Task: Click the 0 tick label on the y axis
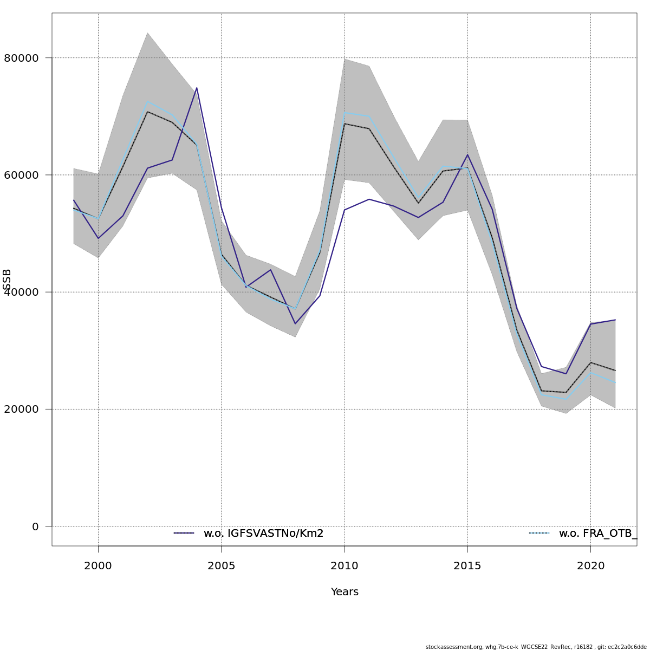pyautogui.click(x=35, y=526)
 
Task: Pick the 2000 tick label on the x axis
pyautogui.click(x=98, y=566)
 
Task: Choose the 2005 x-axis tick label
pyautogui.click(x=221, y=566)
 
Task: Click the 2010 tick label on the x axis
pyautogui.click(x=344, y=566)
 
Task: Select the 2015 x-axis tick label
pyautogui.click(x=467, y=566)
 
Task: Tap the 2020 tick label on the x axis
pyautogui.click(x=590, y=566)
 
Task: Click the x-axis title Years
pyautogui.click(x=344, y=592)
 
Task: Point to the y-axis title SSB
pyautogui.click(x=7, y=279)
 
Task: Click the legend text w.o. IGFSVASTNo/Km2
pyautogui.click(x=263, y=534)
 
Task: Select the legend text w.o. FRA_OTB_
pyautogui.click(x=597, y=534)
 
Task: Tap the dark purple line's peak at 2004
pyautogui.click(x=197, y=88)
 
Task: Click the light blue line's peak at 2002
pyautogui.click(x=147, y=101)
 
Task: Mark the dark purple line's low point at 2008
pyautogui.click(x=295, y=324)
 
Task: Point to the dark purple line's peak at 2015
pyautogui.click(x=467, y=155)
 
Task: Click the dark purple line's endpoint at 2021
pyautogui.click(x=615, y=320)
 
